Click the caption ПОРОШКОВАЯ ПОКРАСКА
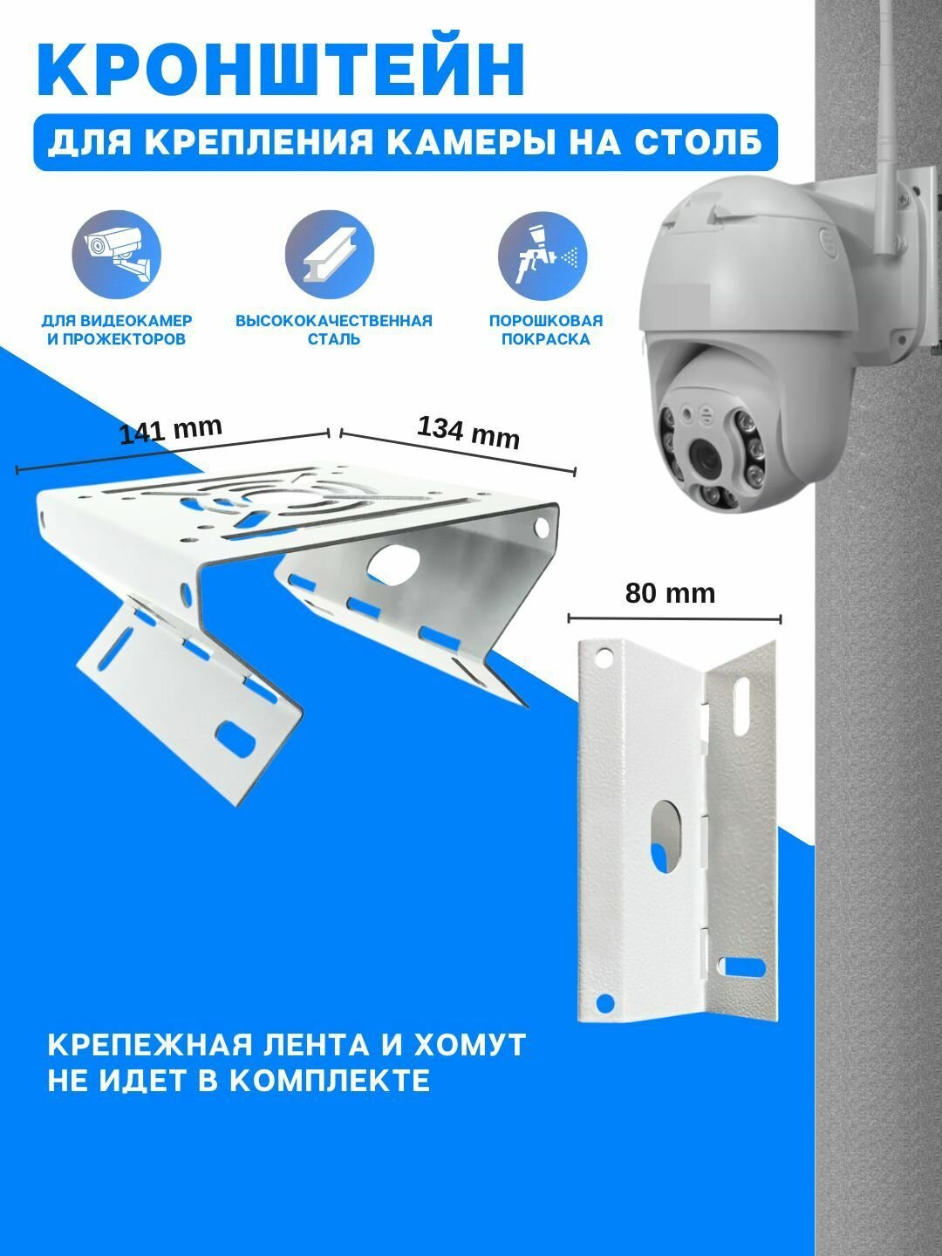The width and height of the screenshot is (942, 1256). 545,330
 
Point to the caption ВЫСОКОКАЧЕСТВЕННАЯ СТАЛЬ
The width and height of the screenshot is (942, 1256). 333,330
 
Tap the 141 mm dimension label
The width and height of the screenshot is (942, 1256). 171,431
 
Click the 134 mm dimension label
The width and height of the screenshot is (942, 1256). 468,432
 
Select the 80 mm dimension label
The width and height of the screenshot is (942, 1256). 670,593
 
